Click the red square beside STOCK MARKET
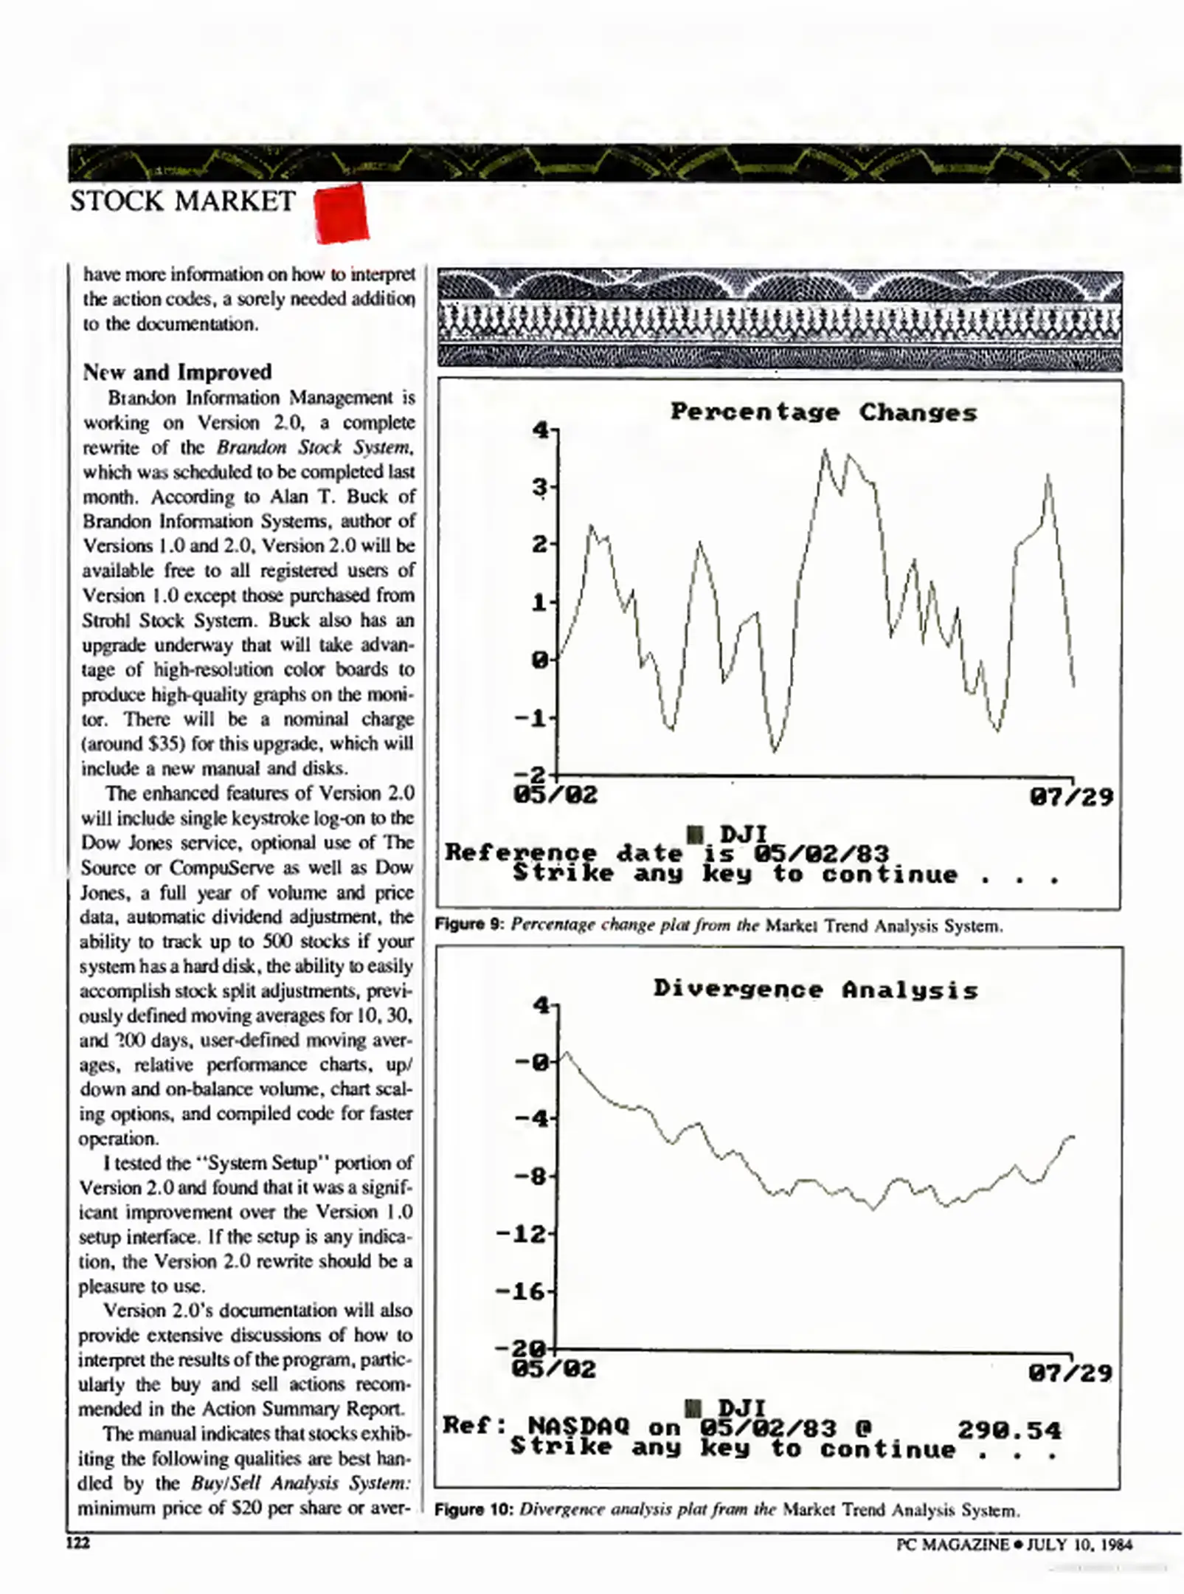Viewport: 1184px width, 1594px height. point(341,213)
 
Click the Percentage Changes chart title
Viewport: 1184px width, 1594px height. point(823,413)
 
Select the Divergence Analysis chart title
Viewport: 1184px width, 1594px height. point(816,989)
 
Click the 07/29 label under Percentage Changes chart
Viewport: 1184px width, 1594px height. point(1071,797)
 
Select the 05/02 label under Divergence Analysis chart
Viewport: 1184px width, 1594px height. point(553,1370)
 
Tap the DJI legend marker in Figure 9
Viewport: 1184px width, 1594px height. point(694,835)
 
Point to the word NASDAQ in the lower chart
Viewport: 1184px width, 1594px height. point(579,1426)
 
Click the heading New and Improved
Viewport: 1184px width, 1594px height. point(177,371)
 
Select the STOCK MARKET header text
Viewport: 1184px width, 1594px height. point(183,201)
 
